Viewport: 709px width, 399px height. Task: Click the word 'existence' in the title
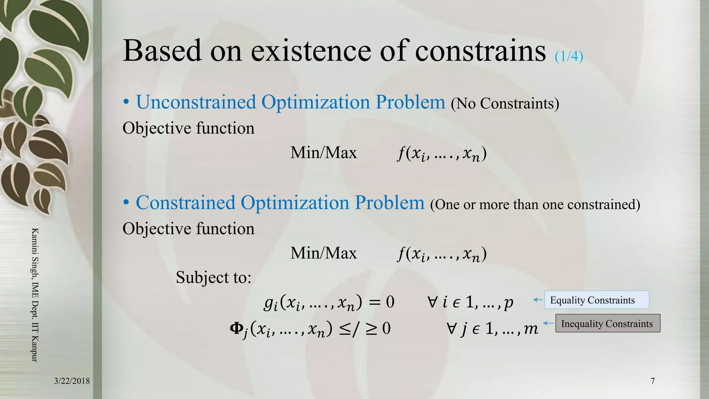pyautogui.click(x=311, y=51)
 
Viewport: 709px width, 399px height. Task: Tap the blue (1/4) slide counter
pyautogui.click(x=568, y=56)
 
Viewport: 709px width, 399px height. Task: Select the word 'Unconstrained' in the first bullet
pyautogui.click(x=196, y=102)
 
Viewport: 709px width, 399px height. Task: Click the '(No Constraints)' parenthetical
pyautogui.click(x=505, y=104)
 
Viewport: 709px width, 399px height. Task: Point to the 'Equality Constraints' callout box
pyautogui.click(x=596, y=300)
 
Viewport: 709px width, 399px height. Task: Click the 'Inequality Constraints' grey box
pyautogui.click(x=607, y=323)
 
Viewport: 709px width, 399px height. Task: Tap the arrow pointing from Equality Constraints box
pyautogui.click(x=537, y=300)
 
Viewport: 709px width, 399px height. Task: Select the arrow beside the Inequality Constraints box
pyautogui.click(x=548, y=323)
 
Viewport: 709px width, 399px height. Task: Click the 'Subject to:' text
pyautogui.click(x=213, y=277)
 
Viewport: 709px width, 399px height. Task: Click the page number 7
pyautogui.click(x=653, y=381)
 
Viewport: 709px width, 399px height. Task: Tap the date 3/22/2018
pyautogui.click(x=72, y=381)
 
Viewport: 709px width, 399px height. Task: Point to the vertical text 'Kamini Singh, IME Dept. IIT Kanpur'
pyautogui.click(x=35, y=294)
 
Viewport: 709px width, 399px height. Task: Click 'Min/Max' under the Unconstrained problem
pyautogui.click(x=323, y=153)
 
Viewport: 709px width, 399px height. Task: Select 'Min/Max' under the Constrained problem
pyautogui.click(x=323, y=253)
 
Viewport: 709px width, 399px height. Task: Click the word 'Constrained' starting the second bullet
pyautogui.click(x=185, y=203)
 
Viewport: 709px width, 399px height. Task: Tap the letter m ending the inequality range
pyautogui.click(x=531, y=328)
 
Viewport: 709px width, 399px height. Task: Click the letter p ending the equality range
pyautogui.click(x=508, y=303)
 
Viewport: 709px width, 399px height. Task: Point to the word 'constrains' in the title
pyautogui.click(x=480, y=51)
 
